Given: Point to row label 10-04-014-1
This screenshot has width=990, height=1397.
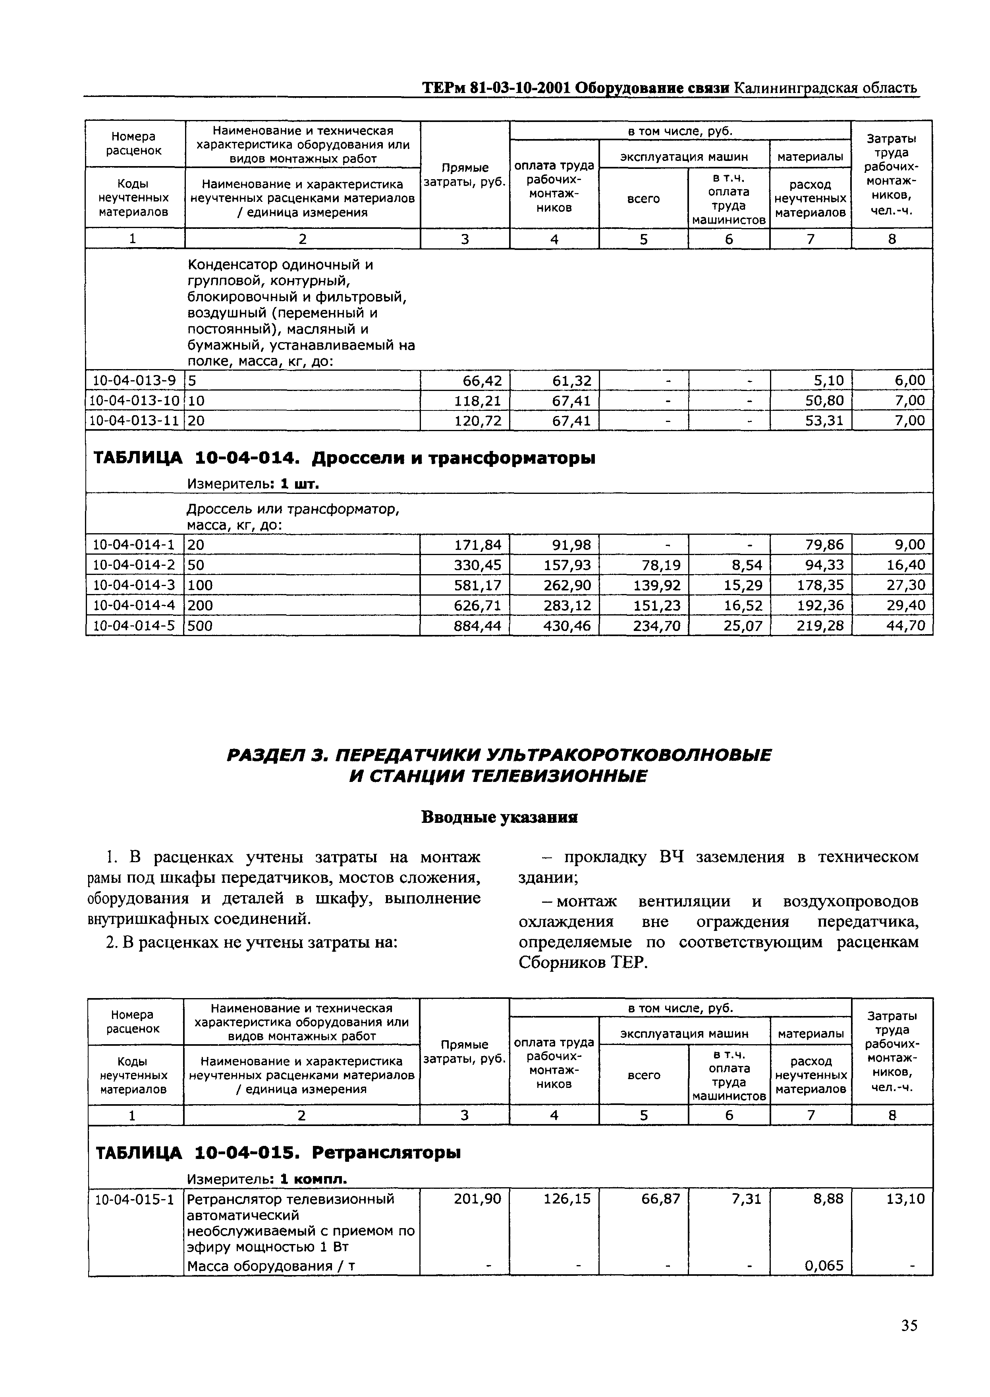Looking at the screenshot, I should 133,544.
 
